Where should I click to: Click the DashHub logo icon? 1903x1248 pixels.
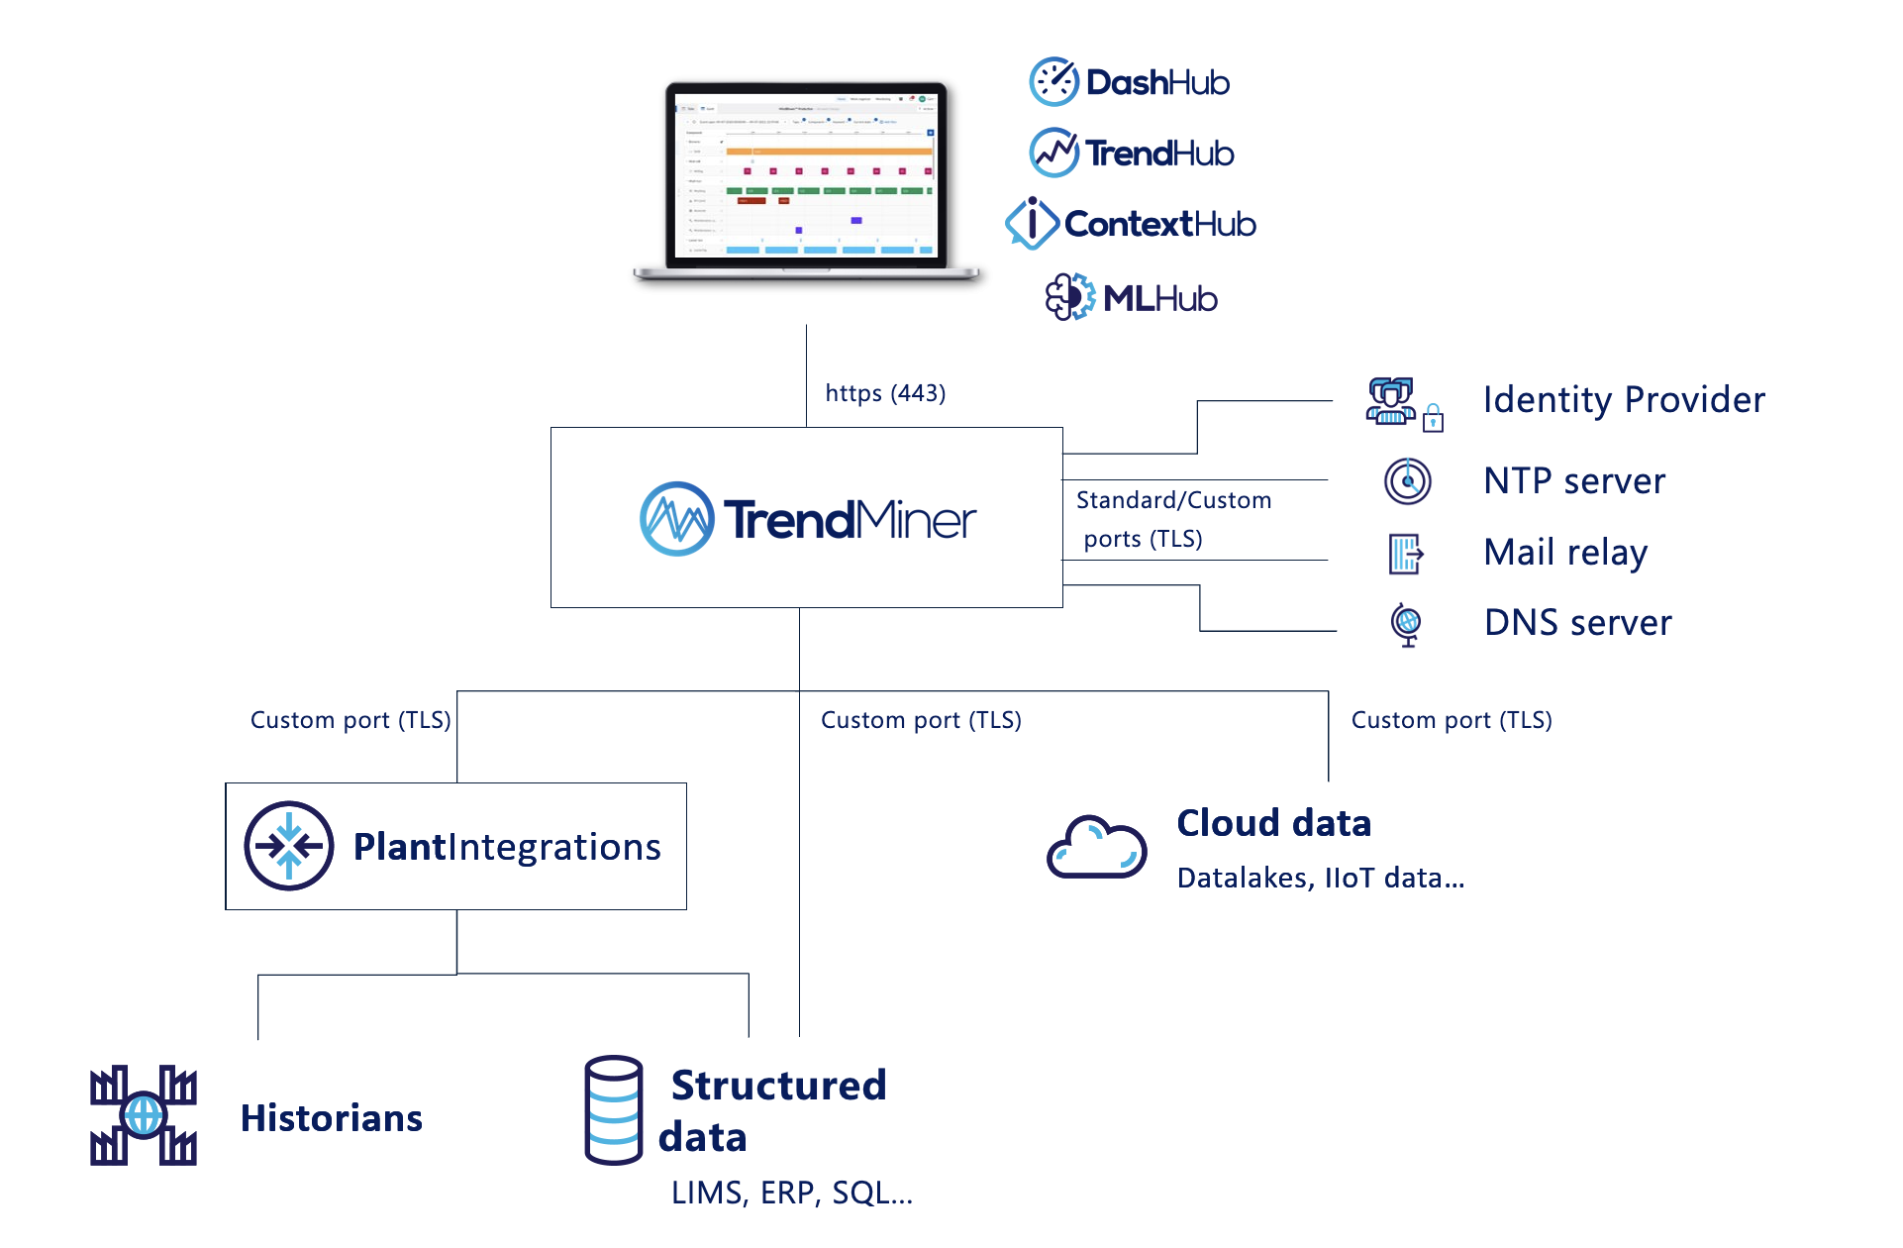(1053, 82)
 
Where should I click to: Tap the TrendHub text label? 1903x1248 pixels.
(1159, 154)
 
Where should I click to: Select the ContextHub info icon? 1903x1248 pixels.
(1031, 223)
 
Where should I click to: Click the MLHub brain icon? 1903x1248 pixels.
(1069, 297)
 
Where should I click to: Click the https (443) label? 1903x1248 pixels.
(885, 393)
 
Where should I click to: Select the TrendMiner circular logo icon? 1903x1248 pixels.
(676, 519)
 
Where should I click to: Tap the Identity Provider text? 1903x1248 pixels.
(1624, 400)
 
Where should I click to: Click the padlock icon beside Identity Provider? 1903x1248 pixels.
(1433, 419)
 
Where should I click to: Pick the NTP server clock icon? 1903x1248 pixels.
(1407, 481)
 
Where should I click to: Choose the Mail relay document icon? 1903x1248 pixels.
(1405, 554)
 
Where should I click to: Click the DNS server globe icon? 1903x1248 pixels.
(1406, 624)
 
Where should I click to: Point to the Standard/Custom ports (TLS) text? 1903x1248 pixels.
(1173, 519)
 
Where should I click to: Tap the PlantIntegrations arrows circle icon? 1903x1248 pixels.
(288, 846)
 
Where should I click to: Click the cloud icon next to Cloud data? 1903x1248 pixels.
(1096, 848)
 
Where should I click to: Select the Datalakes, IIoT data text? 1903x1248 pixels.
(1320, 878)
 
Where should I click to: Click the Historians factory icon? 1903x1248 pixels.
(144, 1116)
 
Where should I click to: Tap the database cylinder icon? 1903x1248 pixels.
(613, 1109)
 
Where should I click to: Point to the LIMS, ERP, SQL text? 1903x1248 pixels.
(791, 1193)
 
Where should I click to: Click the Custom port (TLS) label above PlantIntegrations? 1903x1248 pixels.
(351, 720)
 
